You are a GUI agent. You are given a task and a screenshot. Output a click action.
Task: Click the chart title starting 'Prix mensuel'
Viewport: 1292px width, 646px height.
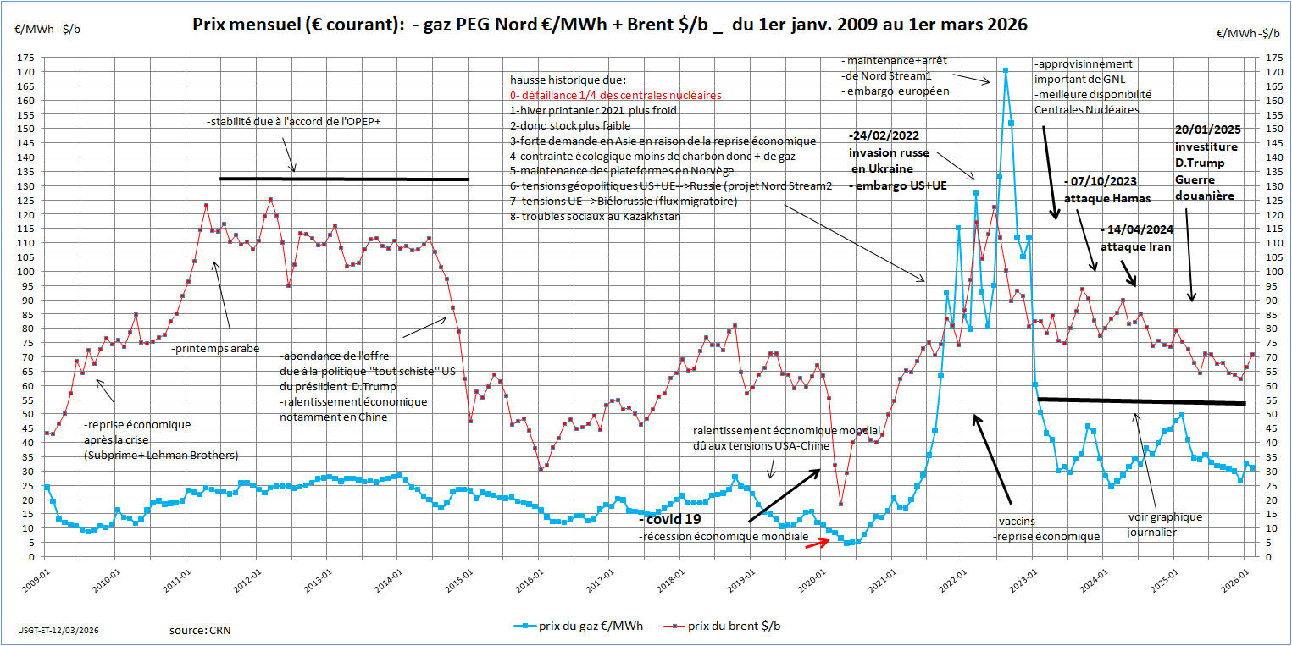coord(610,25)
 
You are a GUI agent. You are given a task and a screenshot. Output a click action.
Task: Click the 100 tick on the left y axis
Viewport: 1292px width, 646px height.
coord(28,272)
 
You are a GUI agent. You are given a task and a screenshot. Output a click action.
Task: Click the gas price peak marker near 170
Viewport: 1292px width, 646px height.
coord(1005,71)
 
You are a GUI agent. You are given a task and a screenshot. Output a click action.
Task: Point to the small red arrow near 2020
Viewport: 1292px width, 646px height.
coord(816,543)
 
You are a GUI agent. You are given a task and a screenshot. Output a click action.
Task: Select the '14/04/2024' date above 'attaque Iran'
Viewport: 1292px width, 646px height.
coord(1138,229)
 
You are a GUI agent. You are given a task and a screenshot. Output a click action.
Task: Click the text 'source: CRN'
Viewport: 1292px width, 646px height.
coord(200,630)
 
